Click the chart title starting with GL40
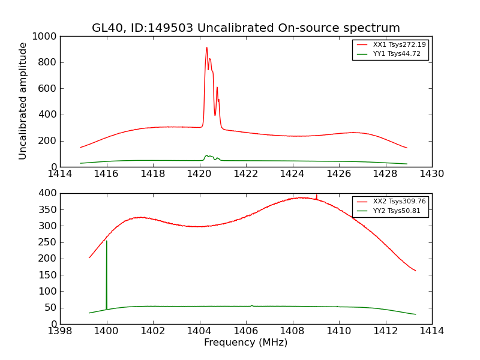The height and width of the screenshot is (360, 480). tap(245, 28)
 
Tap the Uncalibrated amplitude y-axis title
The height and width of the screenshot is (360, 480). tap(23, 101)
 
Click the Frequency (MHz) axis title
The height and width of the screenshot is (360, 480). tap(245, 343)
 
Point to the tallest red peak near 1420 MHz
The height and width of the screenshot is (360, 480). tap(206, 48)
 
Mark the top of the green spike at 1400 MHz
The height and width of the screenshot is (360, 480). tap(107, 241)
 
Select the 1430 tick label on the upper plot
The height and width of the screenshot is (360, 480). tap(431, 174)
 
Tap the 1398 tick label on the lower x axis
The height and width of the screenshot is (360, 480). tap(60, 331)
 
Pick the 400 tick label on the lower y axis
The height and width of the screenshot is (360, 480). tap(47, 193)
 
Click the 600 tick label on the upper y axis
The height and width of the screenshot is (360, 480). tap(47, 89)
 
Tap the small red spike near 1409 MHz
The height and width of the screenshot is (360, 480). tap(316, 196)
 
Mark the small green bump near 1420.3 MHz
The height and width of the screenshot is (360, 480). tap(206, 155)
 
